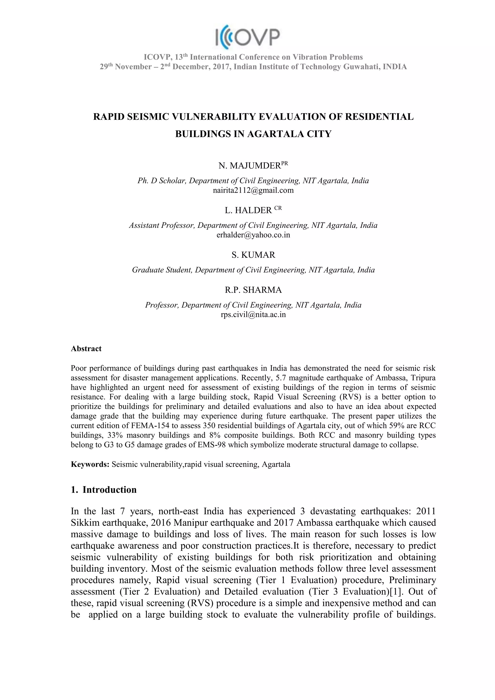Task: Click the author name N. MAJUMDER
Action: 249,166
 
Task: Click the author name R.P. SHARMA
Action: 253,290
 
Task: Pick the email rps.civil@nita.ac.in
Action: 253,315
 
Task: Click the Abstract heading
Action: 86,349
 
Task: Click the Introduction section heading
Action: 109,490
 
